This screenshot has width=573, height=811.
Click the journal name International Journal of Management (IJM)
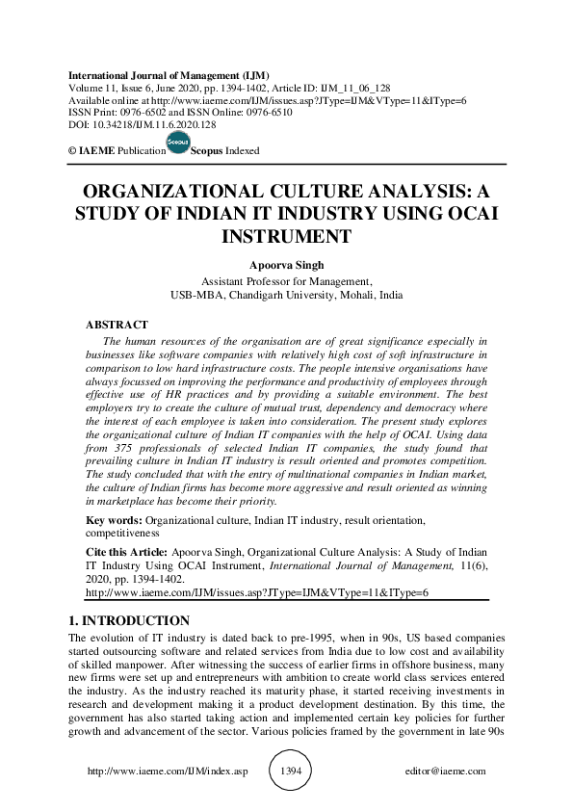click(x=169, y=75)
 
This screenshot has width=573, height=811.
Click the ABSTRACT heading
click(x=117, y=326)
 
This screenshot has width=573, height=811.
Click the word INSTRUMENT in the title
click(x=286, y=235)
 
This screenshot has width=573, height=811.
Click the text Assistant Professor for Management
click(x=286, y=282)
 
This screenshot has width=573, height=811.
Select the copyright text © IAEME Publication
click(x=112, y=151)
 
